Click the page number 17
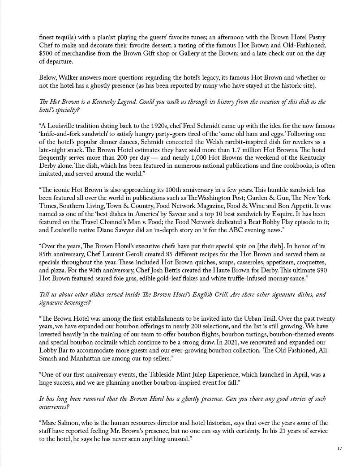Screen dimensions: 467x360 point(339,448)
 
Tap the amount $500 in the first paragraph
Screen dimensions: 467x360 point(46,54)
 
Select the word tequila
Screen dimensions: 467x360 point(65,38)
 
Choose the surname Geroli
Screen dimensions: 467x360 point(137,254)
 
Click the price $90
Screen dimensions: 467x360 point(321,270)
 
